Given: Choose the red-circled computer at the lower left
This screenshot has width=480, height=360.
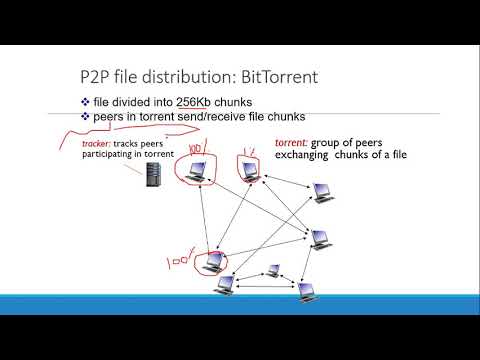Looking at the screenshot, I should tap(211, 263).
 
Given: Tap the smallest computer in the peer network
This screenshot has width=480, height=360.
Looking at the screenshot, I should tap(273, 271).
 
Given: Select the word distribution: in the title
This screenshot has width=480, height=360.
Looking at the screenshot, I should tap(178, 75).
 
